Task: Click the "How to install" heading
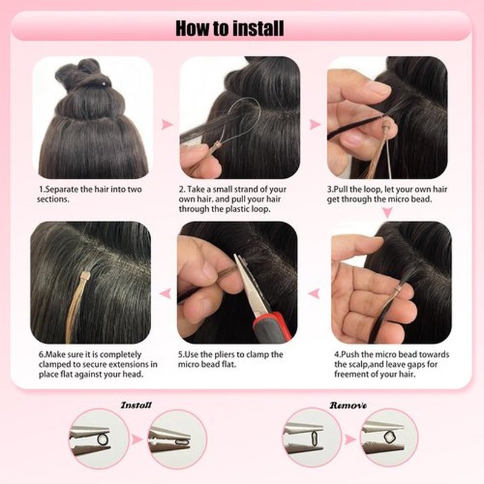(x=229, y=28)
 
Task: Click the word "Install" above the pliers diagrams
(x=136, y=405)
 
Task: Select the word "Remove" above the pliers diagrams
(x=348, y=405)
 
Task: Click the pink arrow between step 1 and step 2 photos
(x=167, y=125)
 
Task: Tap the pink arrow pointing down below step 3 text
(x=387, y=212)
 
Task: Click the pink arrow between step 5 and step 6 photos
(x=166, y=293)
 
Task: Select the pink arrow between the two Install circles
(x=137, y=440)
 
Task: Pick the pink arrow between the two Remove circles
(x=350, y=439)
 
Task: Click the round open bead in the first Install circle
(x=103, y=439)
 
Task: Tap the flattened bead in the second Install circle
(x=182, y=442)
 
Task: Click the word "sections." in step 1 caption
(x=53, y=199)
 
